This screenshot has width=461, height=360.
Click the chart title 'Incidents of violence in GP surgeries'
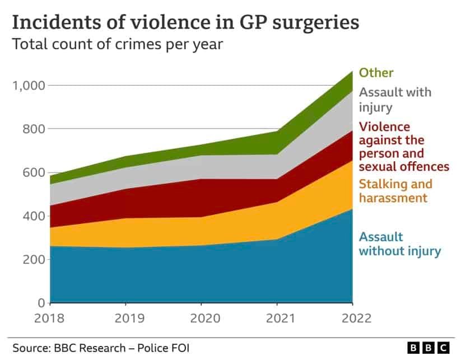[x=185, y=23]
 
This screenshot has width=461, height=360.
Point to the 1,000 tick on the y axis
[x=28, y=86]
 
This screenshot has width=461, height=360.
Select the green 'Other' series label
[x=376, y=73]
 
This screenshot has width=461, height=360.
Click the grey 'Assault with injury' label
[x=395, y=99]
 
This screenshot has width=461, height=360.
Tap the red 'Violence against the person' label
[x=403, y=147]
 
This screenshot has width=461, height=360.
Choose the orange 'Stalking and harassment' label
[x=395, y=191]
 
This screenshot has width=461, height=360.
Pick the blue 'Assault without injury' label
[x=399, y=244]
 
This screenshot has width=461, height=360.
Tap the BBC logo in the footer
[x=428, y=348]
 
